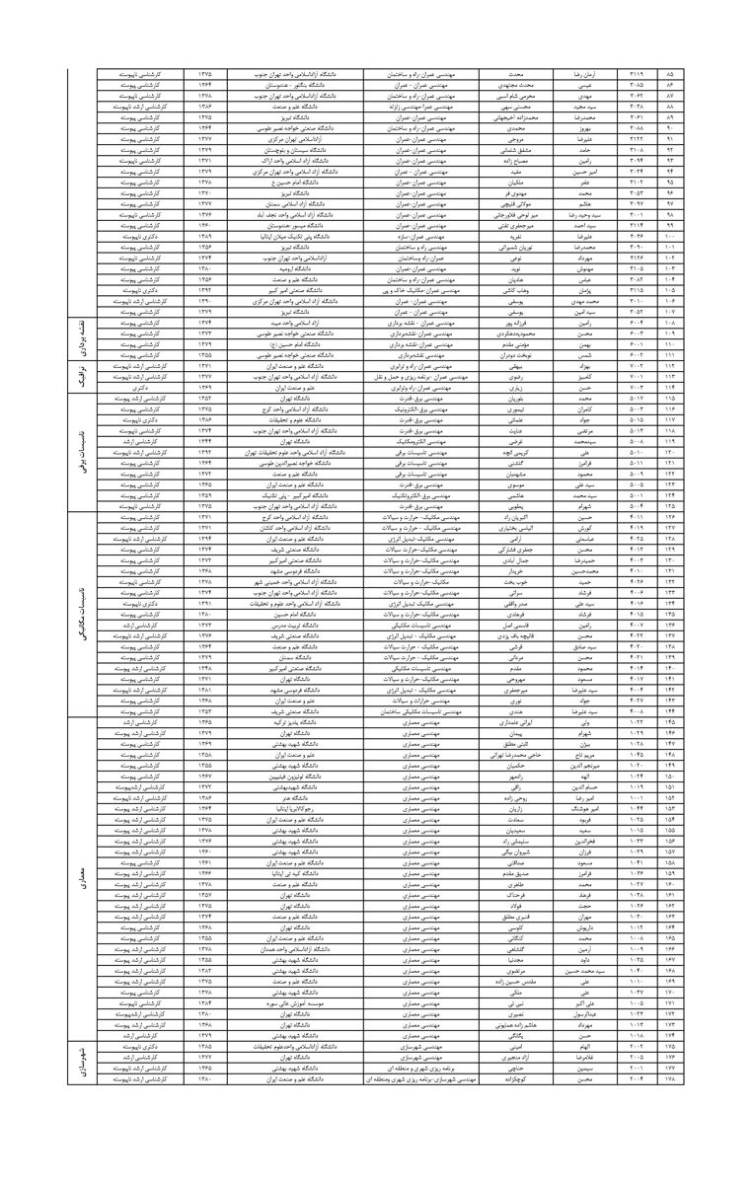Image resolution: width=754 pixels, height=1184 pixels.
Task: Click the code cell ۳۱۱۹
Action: point(637,74)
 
